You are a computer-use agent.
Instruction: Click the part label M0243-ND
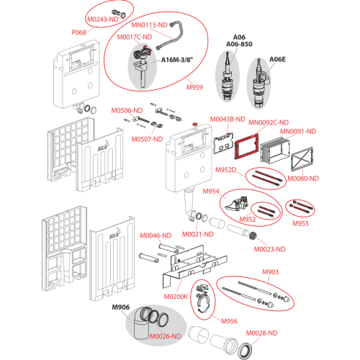point(103,19)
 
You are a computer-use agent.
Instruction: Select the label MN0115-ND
point(149,25)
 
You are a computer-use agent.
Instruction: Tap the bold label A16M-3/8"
point(177,60)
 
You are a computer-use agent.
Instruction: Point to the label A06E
point(277,59)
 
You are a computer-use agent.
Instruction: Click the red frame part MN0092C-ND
point(247,145)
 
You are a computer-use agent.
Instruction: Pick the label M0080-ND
point(303,179)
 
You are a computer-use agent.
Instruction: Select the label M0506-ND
point(127,110)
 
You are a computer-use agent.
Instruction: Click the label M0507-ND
point(147,139)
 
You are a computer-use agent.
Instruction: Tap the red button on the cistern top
point(194,125)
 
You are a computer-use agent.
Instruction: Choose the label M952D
point(225,170)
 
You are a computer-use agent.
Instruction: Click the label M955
point(300,223)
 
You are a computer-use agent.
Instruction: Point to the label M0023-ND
point(270,249)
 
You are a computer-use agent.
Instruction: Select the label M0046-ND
point(156,235)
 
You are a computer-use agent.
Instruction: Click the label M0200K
point(176,297)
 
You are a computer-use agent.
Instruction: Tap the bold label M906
point(121,307)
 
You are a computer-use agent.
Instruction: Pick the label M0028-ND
point(261,333)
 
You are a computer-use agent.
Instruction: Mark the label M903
point(271,272)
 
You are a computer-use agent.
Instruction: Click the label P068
point(79,32)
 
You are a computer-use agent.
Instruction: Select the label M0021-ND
point(198,234)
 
